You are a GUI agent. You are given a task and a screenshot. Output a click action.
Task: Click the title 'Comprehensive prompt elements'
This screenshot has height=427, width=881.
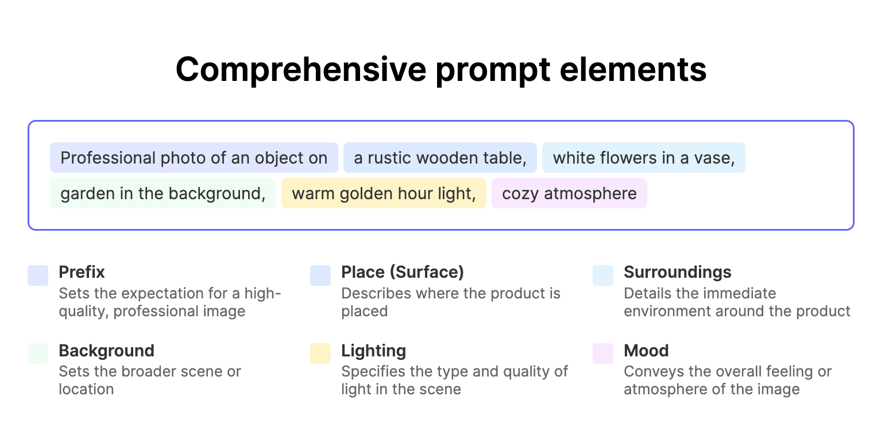[x=441, y=70]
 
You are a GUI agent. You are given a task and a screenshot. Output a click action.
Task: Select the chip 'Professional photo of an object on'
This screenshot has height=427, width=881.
[x=194, y=158]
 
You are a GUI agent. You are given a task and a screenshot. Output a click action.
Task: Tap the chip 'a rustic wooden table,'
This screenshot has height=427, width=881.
[x=440, y=158]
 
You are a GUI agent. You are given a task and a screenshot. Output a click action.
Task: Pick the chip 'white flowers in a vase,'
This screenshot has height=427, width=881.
[x=643, y=158]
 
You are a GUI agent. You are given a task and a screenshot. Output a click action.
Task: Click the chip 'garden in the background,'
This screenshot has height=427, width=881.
[x=163, y=193]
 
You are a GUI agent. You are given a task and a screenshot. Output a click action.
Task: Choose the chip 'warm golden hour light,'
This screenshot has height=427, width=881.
[x=384, y=193]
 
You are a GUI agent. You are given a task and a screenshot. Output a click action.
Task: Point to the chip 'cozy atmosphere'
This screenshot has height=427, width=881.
[x=569, y=193]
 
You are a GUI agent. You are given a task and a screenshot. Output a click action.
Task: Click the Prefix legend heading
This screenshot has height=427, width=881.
[x=82, y=272]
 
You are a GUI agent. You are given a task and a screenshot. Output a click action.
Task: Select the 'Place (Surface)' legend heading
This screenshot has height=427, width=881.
[x=403, y=272]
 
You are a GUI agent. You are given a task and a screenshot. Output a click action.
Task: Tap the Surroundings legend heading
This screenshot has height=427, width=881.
[x=678, y=272]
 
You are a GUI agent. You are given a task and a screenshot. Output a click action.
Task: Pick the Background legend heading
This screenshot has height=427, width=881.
[x=107, y=351]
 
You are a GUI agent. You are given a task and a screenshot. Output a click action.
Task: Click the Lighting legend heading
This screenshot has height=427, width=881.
[x=374, y=351]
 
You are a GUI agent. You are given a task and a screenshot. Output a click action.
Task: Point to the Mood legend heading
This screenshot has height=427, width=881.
[x=646, y=351]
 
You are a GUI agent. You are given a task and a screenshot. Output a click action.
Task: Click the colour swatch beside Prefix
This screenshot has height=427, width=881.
[x=38, y=275]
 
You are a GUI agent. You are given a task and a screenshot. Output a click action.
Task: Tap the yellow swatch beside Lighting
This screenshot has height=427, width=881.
[x=320, y=354]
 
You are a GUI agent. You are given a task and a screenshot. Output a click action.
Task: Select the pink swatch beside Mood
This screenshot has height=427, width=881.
[x=603, y=354]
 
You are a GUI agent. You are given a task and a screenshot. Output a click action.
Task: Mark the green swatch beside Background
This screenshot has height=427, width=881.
[x=38, y=354]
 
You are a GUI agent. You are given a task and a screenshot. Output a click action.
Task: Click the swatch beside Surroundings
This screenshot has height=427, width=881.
[x=603, y=275]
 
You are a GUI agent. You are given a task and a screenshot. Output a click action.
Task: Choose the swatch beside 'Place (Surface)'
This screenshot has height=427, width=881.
[x=320, y=275]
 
